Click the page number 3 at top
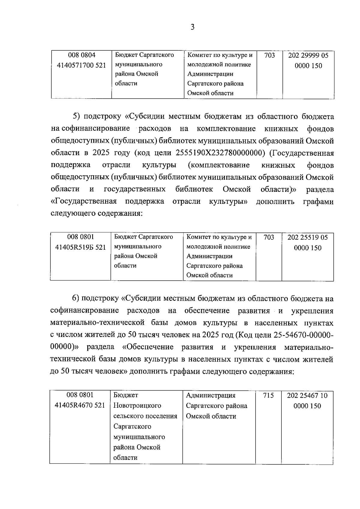pyautogui.click(x=192, y=27)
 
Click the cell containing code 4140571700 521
pyautogui.click(x=82, y=65)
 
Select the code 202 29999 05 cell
pyautogui.click(x=308, y=60)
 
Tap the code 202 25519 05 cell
pyautogui.click(x=307, y=243)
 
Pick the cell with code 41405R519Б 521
pyautogui.click(x=81, y=247)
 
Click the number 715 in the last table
pyautogui.click(x=268, y=395)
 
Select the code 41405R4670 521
pyautogui.click(x=80, y=405)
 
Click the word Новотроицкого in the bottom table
pyautogui.click(x=137, y=406)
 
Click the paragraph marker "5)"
pyautogui.click(x=76, y=116)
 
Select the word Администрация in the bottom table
pyautogui.click(x=211, y=395)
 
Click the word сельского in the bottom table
pyautogui.click(x=128, y=416)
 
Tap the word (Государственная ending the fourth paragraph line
pyautogui.click(x=301, y=153)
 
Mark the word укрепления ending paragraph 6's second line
pyautogui.click(x=312, y=311)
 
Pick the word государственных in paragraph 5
pyautogui.click(x=135, y=189)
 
